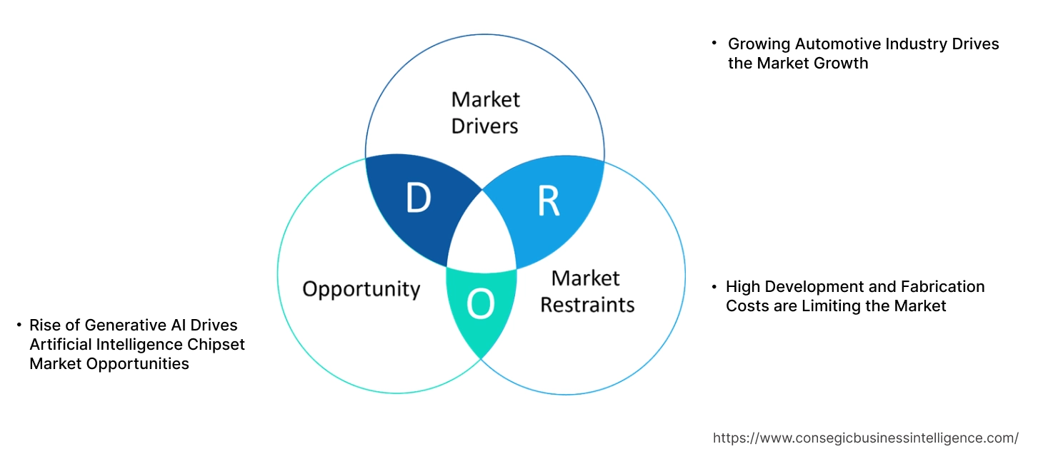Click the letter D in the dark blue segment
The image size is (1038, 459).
tap(418, 198)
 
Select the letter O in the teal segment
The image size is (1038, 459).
tap(480, 305)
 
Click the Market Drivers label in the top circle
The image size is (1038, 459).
tap(486, 112)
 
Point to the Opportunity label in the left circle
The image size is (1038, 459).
tap(361, 289)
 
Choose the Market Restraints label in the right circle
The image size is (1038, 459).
tap(587, 291)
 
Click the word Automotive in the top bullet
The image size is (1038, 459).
tap(832, 44)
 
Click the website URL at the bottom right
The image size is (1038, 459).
tap(866, 438)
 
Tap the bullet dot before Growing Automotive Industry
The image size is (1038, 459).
tap(714, 44)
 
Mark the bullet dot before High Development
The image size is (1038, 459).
tap(713, 286)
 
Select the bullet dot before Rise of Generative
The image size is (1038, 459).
tap(19, 326)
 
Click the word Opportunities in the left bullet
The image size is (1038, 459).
tap(139, 364)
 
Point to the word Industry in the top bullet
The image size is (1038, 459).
tap(913, 44)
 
